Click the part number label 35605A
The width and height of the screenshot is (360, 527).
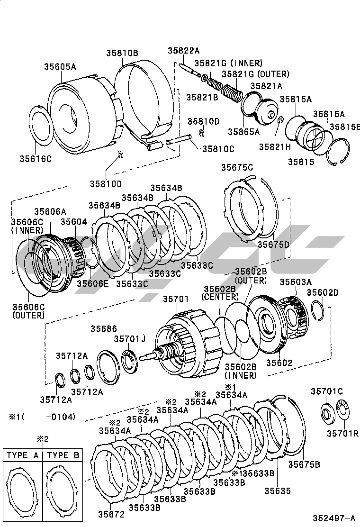click(x=61, y=67)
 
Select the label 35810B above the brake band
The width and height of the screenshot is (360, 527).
click(x=122, y=53)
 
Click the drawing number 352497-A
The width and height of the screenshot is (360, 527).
click(x=333, y=518)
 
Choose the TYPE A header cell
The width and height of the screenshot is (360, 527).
click(x=22, y=455)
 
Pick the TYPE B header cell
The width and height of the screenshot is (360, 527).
click(x=63, y=455)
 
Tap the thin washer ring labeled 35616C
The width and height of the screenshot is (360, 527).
click(x=42, y=125)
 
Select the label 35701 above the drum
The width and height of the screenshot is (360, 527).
click(x=176, y=299)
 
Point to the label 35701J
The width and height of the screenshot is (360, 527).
click(x=129, y=338)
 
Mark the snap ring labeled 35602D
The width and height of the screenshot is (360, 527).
click(x=318, y=310)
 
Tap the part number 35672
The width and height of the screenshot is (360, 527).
click(x=112, y=514)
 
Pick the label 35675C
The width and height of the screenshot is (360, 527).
click(x=237, y=167)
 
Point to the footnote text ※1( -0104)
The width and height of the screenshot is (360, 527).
click(x=42, y=417)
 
